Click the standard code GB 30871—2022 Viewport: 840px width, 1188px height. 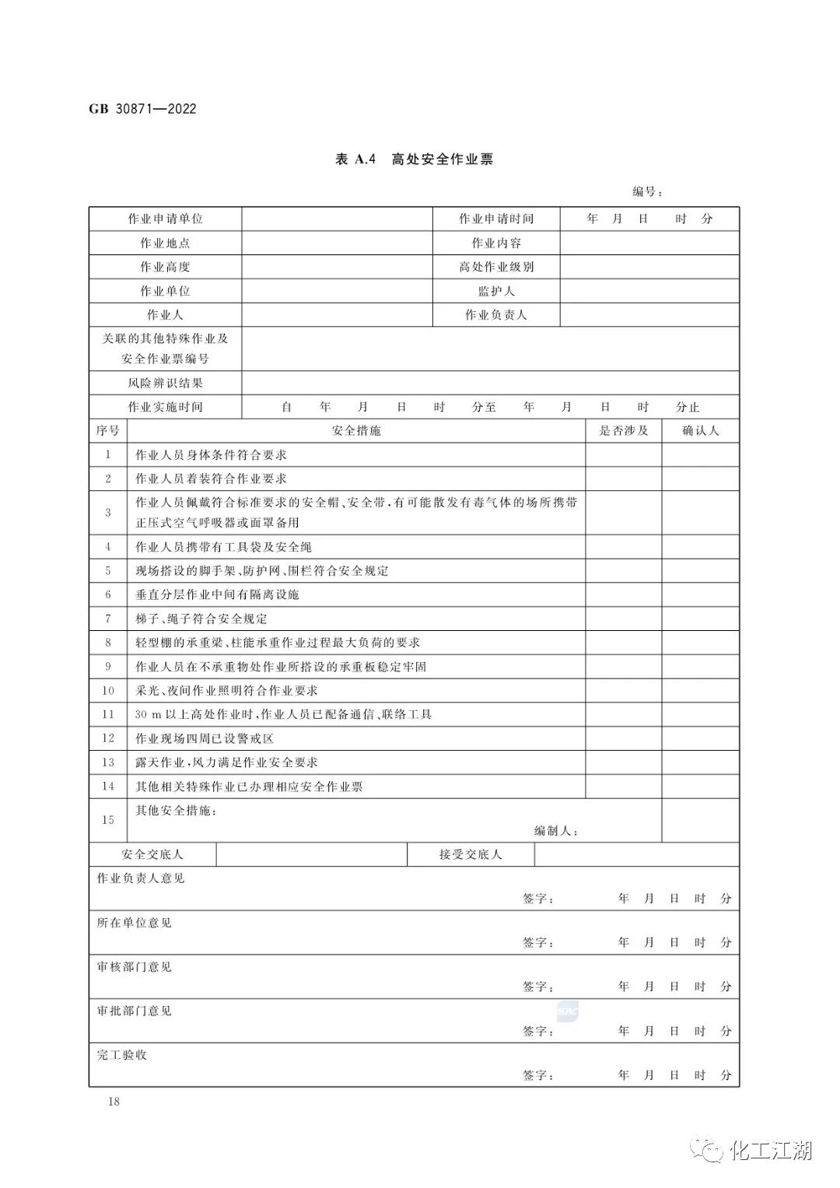[143, 109]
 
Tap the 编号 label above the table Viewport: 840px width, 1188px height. [646, 192]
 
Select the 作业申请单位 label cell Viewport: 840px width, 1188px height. [165, 219]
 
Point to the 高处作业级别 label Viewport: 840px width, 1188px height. [496, 267]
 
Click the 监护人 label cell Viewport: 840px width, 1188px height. [496, 291]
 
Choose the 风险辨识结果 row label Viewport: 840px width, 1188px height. [165, 383]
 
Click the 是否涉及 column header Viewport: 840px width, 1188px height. [623, 430]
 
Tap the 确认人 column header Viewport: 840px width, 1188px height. [700, 430]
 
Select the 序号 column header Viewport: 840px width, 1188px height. [108, 430]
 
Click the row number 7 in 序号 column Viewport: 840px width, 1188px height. [108, 619]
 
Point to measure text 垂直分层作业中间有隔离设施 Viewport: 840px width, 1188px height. [217, 594]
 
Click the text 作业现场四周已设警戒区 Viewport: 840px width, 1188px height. [205, 738]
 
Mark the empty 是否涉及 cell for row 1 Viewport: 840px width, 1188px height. [623, 454]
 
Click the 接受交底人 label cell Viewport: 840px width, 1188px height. [471, 854]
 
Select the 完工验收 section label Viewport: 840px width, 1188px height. [121, 1055]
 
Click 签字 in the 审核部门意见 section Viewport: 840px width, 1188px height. [537, 986]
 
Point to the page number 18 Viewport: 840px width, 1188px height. [114, 1102]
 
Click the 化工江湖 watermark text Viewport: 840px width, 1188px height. [771, 1150]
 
